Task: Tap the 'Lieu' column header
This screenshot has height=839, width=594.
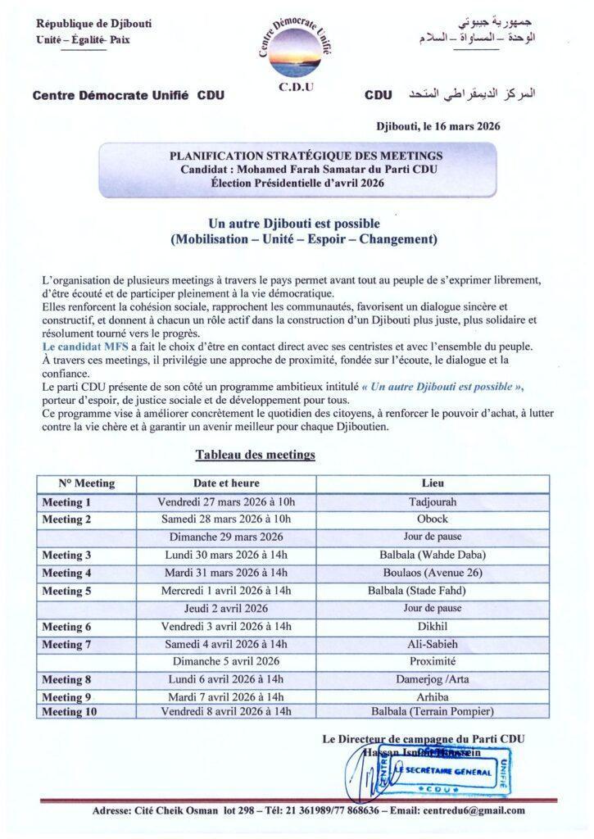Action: click(433, 483)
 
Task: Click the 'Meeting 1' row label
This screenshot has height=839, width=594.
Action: click(67, 501)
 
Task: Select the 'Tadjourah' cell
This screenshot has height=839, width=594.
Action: click(433, 501)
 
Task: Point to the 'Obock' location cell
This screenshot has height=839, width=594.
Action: click(433, 519)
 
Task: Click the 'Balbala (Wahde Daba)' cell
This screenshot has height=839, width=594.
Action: click(433, 555)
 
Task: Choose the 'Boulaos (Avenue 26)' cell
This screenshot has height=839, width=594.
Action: click(433, 572)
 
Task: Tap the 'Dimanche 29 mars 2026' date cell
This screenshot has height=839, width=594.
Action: click(227, 537)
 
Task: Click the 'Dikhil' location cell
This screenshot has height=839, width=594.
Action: click(433, 625)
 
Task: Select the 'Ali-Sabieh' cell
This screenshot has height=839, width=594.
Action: click(433, 643)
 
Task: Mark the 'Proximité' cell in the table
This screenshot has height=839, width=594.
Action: click(433, 660)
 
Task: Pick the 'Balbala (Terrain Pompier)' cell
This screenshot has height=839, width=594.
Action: click(433, 711)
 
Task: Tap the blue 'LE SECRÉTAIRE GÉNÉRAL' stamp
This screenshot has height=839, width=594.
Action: click(442, 772)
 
